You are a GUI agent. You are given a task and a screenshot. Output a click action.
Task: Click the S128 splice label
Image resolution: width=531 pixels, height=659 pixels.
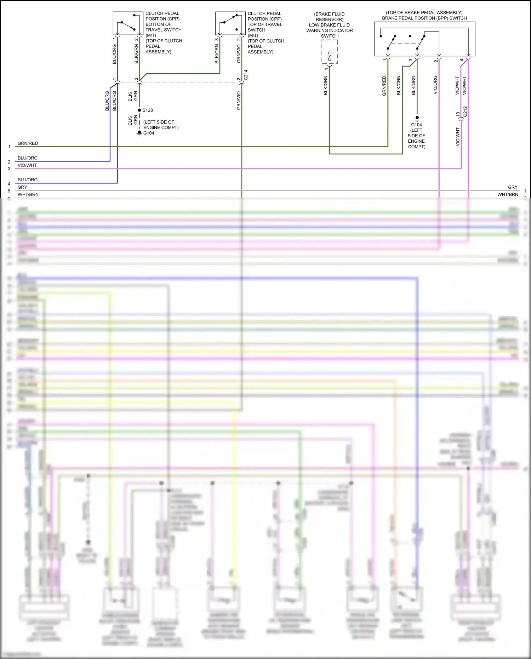tap(148, 110)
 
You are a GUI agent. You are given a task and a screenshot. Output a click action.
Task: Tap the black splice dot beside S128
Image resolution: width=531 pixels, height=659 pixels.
tap(139, 110)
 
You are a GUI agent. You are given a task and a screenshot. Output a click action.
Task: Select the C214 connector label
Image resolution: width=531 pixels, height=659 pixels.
tap(246, 75)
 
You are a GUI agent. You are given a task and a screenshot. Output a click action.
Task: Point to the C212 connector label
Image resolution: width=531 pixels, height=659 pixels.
tap(465, 112)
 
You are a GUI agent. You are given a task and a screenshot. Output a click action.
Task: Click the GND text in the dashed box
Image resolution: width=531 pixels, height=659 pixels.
tap(330, 56)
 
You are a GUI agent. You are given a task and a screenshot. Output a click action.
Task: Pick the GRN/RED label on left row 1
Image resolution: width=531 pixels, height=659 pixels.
tap(28, 143)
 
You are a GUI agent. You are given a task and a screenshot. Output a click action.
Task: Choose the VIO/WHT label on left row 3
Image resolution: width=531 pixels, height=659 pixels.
tap(27, 165)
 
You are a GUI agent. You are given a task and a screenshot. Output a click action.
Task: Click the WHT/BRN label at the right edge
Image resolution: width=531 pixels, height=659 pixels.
tap(508, 194)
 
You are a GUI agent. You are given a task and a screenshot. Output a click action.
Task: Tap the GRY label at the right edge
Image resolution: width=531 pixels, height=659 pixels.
tap(513, 187)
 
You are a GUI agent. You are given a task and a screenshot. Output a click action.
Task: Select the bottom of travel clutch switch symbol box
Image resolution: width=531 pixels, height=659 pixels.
tap(128, 23)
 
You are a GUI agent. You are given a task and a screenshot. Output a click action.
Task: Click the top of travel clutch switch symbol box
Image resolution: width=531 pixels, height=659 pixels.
tap(230, 23)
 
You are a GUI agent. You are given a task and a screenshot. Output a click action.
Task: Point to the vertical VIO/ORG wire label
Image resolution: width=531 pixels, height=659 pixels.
tap(435, 85)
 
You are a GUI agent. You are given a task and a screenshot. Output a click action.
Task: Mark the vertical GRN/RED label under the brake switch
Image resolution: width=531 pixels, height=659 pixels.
tap(384, 86)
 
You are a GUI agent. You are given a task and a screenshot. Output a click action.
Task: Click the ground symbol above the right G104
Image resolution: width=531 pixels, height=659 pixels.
tap(417, 118)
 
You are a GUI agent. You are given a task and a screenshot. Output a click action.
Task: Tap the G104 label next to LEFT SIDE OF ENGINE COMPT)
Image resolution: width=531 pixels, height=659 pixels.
tap(149, 133)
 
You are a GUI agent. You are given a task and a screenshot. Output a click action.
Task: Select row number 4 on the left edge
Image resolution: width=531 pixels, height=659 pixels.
tap(9, 184)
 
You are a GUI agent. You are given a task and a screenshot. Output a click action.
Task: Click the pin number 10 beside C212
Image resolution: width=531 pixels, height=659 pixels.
tap(458, 114)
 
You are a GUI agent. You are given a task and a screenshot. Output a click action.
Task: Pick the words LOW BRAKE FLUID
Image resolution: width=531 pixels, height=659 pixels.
tap(329, 25)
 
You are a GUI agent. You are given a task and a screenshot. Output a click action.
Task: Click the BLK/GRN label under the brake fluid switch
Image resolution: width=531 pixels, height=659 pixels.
tap(325, 86)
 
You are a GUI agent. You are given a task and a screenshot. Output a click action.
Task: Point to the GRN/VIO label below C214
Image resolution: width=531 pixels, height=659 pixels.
tap(239, 101)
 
